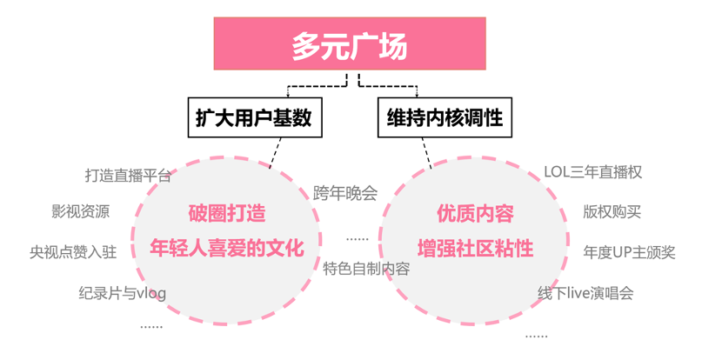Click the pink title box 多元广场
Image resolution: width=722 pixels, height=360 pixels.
click(x=350, y=45)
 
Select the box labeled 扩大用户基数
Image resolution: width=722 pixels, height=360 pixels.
click(x=255, y=117)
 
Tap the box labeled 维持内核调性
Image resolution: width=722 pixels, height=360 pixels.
click(x=445, y=117)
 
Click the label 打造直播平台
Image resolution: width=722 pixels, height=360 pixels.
click(x=127, y=175)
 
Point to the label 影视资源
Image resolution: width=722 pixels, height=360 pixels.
click(x=80, y=211)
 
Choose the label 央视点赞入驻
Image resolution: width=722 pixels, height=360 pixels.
click(x=73, y=252)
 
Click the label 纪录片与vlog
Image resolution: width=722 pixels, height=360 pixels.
click(x=122, y=293)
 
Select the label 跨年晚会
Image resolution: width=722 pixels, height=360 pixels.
click(x=345, y=193)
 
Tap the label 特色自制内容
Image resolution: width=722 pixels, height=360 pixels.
click(x=366, y=268)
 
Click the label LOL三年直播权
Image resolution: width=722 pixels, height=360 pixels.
click(x=592, y=172)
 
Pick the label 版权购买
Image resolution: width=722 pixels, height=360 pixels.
click(x=612, y=211)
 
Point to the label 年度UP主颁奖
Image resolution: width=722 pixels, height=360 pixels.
click(x=629, y=252)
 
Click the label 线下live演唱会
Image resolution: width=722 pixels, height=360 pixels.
click(x=585, y=293)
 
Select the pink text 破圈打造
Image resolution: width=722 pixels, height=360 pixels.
click(x=227, y=213)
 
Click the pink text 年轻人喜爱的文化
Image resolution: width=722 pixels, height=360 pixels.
click(x=227, y=248)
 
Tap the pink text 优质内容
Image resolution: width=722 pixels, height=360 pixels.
click(x=475, y=213)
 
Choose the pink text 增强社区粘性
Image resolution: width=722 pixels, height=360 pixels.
click(x=475, y=248)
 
